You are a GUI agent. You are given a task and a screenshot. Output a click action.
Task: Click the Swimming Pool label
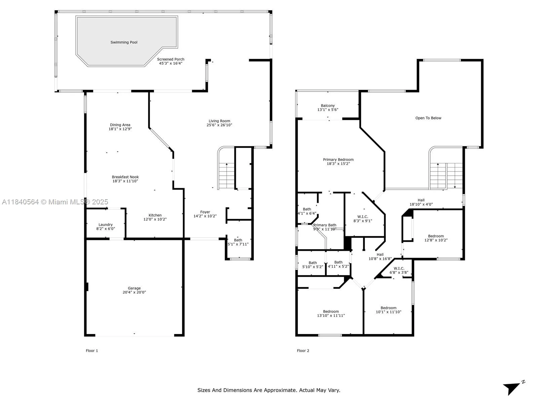click(124, 42)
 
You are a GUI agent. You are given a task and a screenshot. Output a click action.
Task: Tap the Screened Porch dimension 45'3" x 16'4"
click(170, 63)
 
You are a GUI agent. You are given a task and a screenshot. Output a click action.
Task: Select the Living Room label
click(219, 121)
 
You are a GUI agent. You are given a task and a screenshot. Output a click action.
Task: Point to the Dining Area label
click(120, 125)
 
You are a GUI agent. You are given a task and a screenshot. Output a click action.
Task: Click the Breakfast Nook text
click(125, 177)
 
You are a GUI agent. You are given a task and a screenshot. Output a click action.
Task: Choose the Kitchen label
click(155, 215)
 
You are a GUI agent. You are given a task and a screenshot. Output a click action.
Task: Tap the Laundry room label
click(106, 225)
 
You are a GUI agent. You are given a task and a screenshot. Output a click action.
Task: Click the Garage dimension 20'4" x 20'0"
click(134, 292)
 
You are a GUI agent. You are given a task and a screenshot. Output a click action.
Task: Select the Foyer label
click(205, 212)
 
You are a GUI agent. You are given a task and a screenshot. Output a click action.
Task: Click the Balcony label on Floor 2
click(328, 105)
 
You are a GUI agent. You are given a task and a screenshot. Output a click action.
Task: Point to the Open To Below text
click(428, 118)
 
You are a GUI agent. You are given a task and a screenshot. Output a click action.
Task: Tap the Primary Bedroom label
click(338, 160)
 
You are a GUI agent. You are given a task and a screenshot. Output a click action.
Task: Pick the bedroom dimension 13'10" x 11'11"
click(331, 315)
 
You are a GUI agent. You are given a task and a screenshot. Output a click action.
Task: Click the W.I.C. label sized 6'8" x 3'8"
click(399, 268)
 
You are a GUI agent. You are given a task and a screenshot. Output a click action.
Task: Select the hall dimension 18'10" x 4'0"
click(421, 204)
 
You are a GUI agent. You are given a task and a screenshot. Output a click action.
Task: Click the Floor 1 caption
click(92, 350)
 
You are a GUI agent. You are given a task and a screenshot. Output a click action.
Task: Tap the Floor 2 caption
click(303, 350)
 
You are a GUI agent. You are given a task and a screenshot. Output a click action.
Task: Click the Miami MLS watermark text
click(55, 202)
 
